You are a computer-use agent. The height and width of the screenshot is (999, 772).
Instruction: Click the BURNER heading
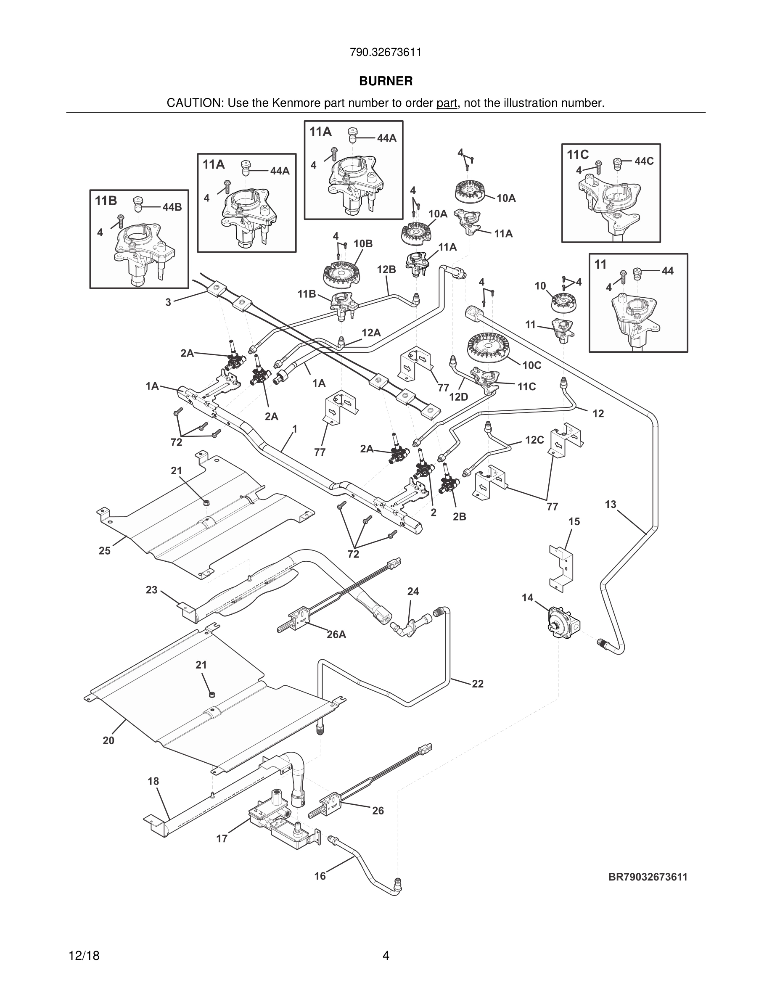coord(386,81)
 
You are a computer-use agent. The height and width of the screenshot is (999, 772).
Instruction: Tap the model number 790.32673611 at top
coord(386,52)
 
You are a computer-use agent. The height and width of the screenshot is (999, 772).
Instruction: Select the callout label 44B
coord(172,207)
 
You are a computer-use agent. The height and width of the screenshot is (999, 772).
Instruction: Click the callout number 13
coord(611,504)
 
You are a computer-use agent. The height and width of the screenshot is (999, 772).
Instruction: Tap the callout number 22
coord(478,683)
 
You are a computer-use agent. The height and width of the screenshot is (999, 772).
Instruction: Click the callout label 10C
coord(532,365)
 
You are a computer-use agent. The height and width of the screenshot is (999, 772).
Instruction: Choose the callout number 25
coord(105,551)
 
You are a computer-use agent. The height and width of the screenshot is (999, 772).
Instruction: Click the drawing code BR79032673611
coord(648,877)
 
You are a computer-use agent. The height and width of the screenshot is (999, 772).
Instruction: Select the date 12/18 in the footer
coord(84,956)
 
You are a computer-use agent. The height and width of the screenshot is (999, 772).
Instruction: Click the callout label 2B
coord(460,516)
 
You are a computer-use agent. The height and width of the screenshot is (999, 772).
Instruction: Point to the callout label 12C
coord(534,440)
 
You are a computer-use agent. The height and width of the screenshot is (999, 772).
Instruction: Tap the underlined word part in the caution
coord(447,103)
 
